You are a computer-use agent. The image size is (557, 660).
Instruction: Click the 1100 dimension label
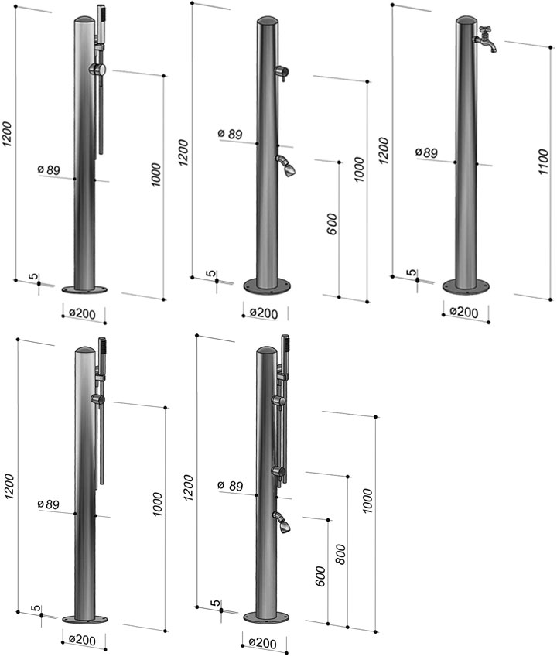point(543,162)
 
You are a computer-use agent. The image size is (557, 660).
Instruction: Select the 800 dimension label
point(340,554)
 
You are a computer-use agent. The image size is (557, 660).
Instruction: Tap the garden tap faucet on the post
point(486,39)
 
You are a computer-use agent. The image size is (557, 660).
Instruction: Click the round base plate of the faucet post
point(466,286)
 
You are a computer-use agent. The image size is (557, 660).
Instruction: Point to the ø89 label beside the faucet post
point(426,152)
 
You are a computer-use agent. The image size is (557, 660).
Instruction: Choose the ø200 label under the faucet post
point(464,313)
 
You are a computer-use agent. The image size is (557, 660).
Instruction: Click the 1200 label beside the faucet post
point(383,150)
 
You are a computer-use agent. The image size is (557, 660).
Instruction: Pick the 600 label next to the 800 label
point(320,576)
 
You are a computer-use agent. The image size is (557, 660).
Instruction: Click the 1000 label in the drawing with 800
point(367,501)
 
